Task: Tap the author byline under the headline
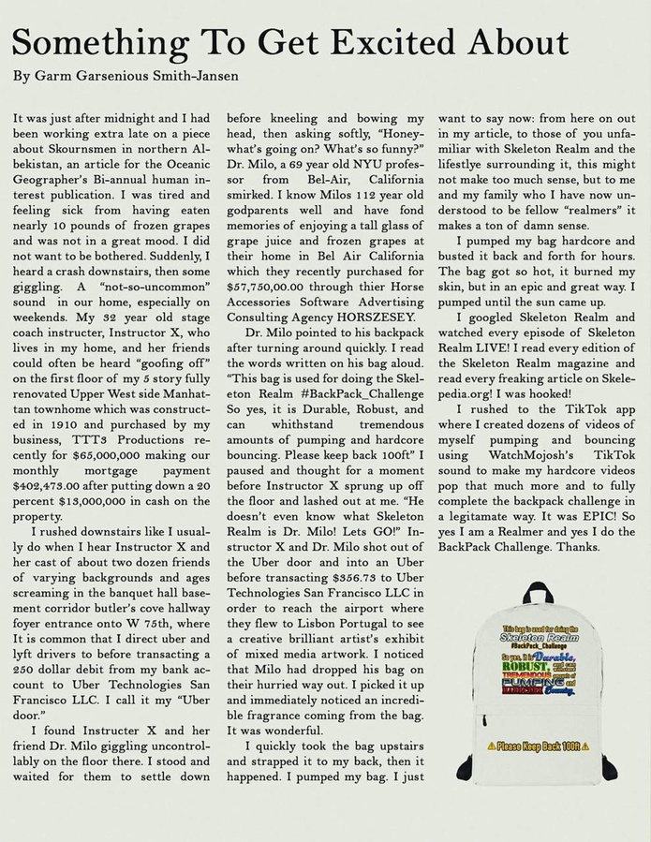click(126, 75)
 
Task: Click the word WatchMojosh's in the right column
click(517, 452)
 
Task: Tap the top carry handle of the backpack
click(541, 592)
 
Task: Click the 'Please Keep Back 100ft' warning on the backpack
click(539, 746)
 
